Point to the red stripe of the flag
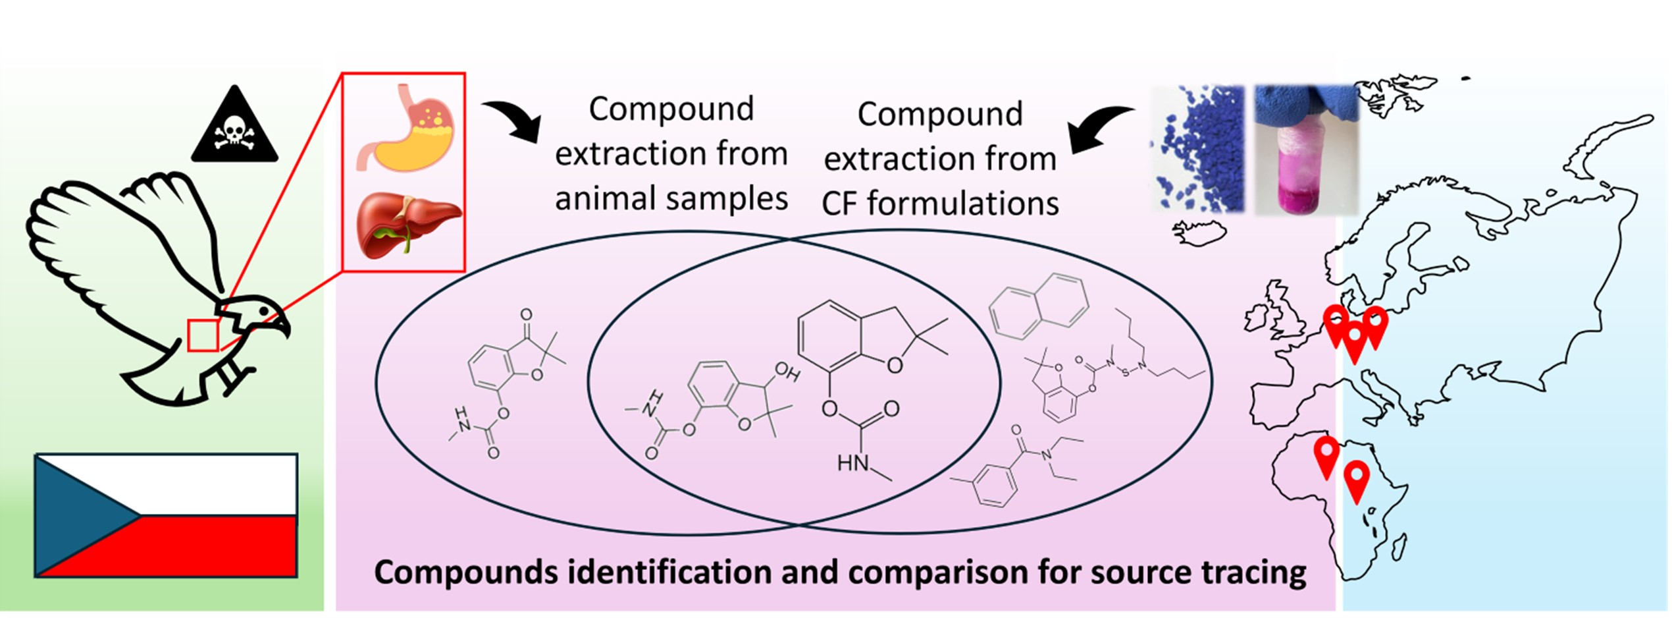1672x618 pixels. (x=217, y=547)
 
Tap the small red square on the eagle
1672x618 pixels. (x=203, y=335)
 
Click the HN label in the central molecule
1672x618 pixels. (x=853, y=463)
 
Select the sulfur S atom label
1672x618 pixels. (x=1125, y=372)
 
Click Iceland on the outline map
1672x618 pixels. (x=1199, y=233)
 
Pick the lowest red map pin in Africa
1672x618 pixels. (x=1357, y=482)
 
